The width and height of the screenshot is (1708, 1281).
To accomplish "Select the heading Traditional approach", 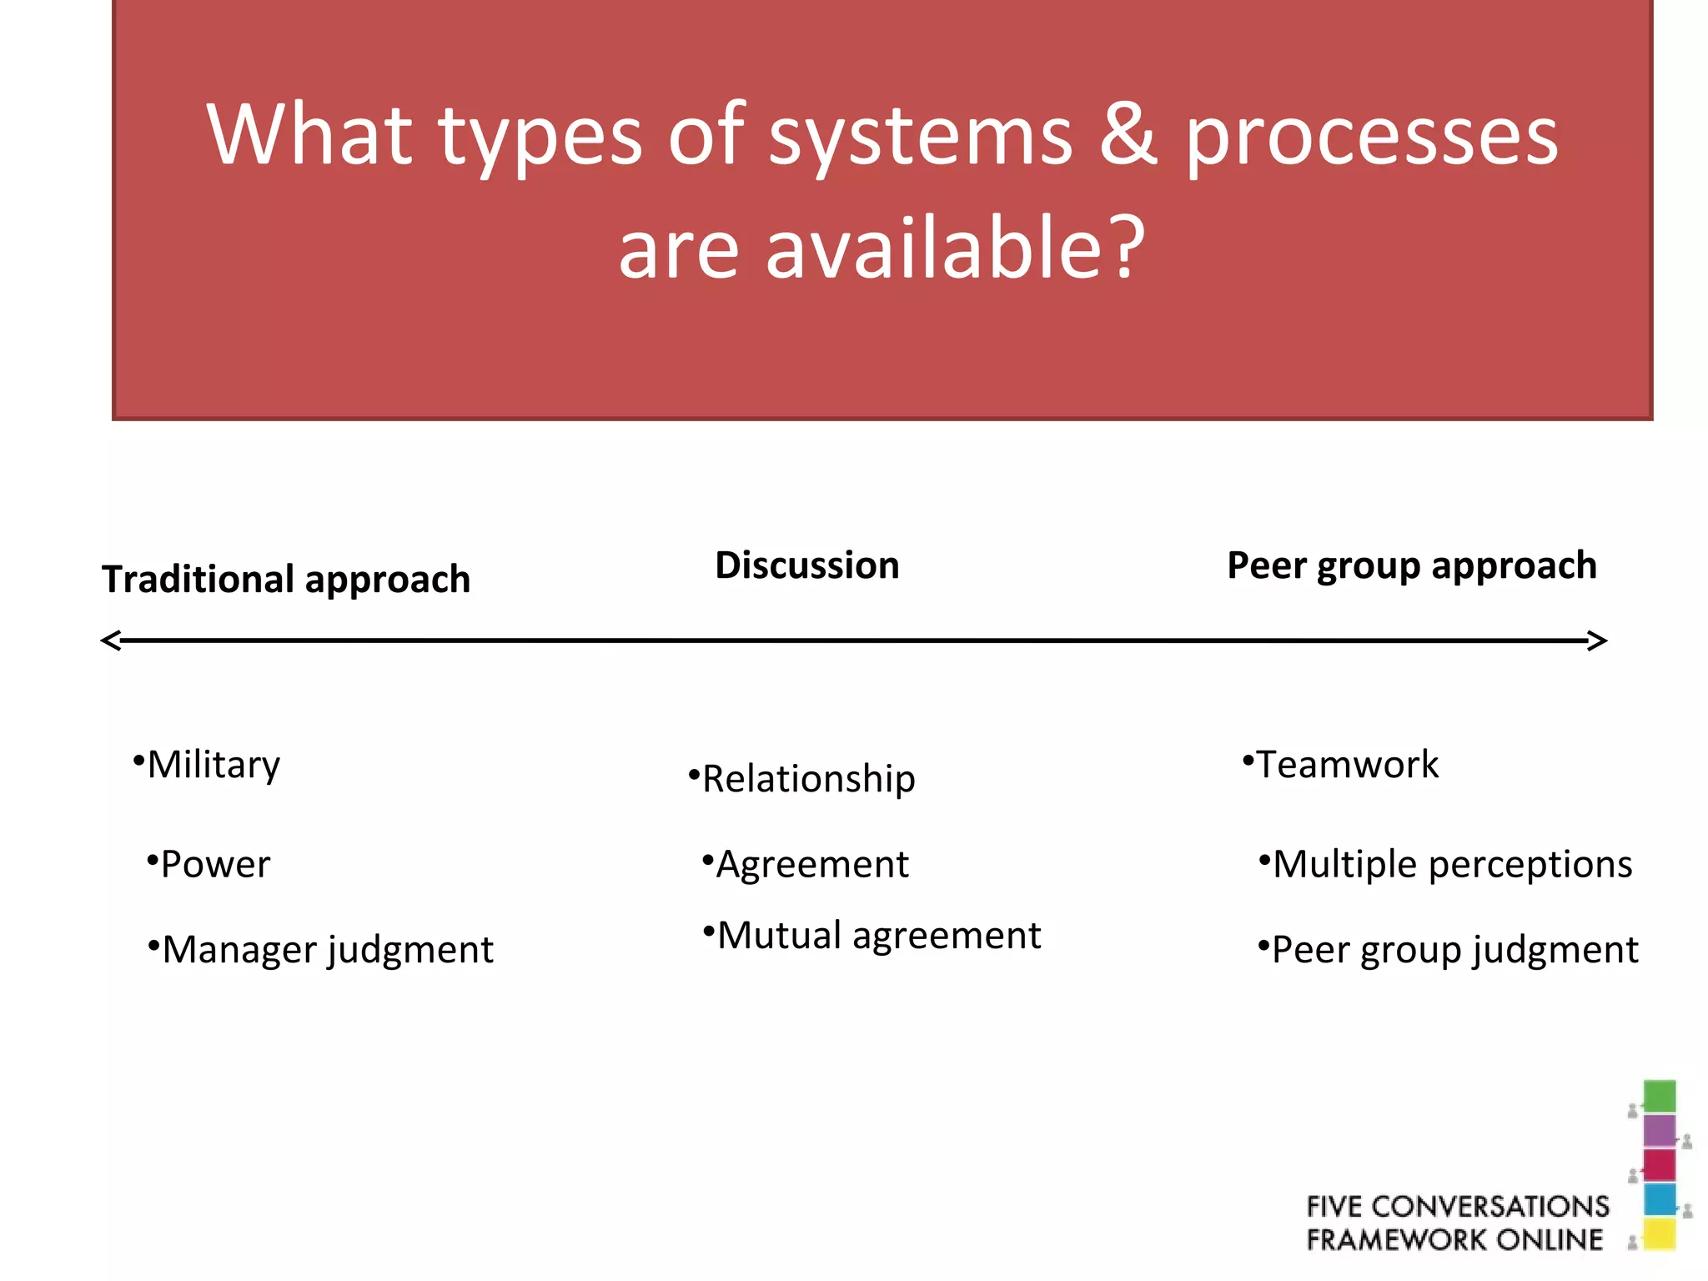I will point(286,579).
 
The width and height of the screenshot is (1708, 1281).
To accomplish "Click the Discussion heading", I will point(807,565).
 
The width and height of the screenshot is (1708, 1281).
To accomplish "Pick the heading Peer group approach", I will point(1412,566).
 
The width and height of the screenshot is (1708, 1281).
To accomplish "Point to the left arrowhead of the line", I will point(111,640).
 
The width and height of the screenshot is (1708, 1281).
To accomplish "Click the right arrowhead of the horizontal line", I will point(1596,640).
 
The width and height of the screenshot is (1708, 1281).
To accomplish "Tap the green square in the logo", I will point(1659,1096).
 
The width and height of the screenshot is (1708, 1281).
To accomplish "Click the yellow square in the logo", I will point(1659,1233).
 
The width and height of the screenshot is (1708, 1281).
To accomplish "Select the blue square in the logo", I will point(1659,1199).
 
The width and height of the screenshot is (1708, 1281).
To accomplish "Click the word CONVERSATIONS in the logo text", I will point(1490,1206).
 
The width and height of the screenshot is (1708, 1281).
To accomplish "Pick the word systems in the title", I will point(920,135).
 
